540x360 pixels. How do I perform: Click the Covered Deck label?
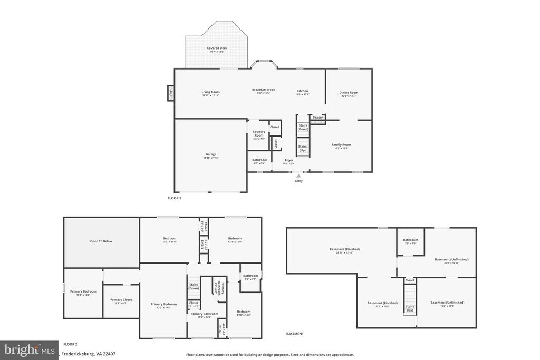tap(217, 48)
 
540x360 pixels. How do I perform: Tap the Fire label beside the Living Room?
tap(170, 93)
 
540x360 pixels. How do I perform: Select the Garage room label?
tap(211, 155)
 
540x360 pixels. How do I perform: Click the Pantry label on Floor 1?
tap(317, 118)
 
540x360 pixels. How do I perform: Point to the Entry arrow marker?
tap(298, 176)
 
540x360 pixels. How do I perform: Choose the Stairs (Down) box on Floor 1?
tap(303, 127)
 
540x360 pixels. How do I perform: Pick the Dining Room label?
tap(349, 93)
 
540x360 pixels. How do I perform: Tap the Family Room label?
tap(341, 145)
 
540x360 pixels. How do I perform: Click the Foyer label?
tap(289, 160)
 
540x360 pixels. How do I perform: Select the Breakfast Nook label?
tap(263, 90)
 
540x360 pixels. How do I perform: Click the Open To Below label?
tap(101, 241)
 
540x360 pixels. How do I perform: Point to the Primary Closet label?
tap(121, 300)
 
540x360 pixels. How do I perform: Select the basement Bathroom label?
tap(410, 240)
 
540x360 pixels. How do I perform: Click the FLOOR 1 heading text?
tap(174, 198)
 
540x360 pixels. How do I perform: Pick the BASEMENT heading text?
tap(295, 334)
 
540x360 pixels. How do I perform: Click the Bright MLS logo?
tap(29, 350)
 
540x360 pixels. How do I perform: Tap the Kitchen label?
tap(302, 91)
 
